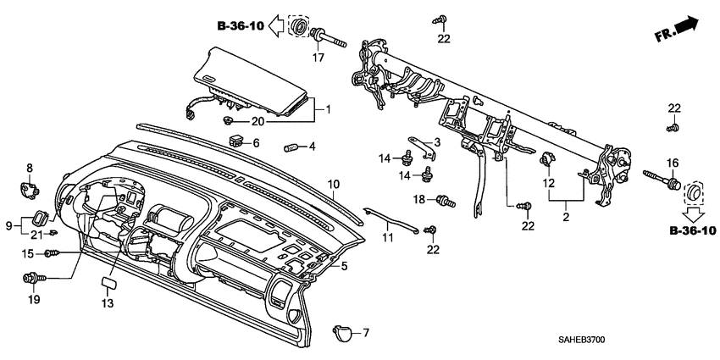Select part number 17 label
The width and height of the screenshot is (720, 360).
point(318,58)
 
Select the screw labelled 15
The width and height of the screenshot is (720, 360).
point(53,253)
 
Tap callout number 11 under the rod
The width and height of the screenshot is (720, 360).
point(388,239)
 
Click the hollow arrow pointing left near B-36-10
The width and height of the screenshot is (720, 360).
point(275,27)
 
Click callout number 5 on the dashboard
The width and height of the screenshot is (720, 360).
point(344,266)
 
